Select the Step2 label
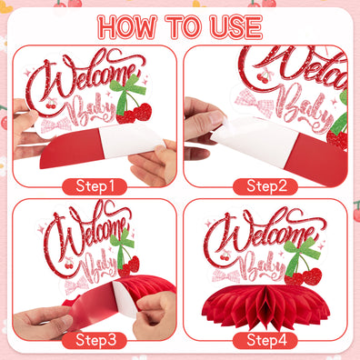click(265, 186)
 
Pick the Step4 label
click(265, 341)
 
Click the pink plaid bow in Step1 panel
click(61, 123)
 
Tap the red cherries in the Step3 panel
click(127, 265)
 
